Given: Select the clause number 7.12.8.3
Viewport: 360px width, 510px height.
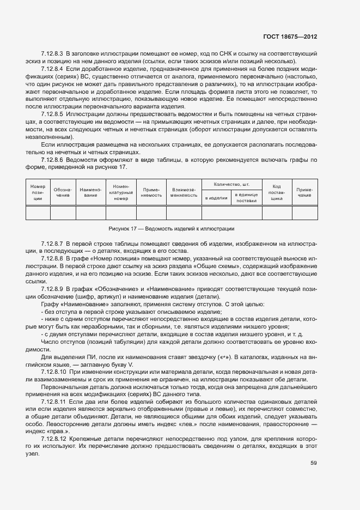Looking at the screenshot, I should [52, 54].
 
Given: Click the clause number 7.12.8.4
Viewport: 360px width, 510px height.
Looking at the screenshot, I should [52, 70].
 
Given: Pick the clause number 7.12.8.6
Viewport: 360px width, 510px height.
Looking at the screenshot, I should [52, 160].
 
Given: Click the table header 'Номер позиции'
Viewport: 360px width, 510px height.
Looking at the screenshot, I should [38, 192].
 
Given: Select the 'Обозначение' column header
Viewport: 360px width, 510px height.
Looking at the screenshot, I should [63, 192].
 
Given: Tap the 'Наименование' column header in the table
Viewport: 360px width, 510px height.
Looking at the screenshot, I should [90, 192].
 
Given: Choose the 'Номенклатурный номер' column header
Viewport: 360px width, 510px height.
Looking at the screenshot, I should [121, 192].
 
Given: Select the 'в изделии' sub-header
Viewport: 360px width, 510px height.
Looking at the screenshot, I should [216, 198].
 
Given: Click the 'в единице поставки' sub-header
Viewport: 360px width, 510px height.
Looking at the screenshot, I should [246, 198].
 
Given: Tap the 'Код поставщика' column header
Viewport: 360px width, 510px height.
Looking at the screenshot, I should [277, 192].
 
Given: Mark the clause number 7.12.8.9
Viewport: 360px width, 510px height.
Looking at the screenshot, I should [52, 287].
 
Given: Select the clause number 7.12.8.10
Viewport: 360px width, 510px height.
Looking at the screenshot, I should [53, 371].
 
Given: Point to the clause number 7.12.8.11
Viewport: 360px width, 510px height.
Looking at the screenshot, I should [53, 400].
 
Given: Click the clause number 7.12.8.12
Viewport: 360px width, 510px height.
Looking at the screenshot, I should [53, 438].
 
